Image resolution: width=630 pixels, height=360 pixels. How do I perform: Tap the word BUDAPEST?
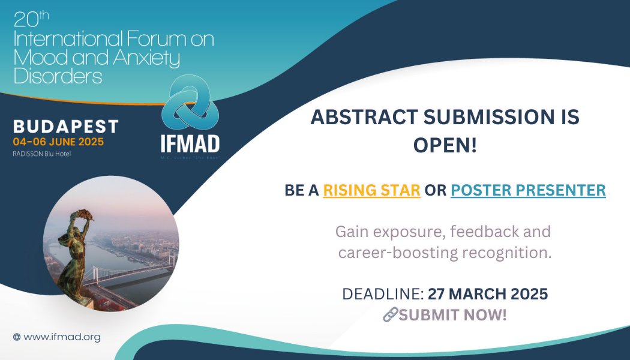66,127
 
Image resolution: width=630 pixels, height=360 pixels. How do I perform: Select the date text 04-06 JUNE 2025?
58,142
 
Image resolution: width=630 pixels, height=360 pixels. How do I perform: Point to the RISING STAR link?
371,190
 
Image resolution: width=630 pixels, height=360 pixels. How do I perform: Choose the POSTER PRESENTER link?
528,190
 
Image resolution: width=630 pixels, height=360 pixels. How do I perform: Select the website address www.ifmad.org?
62,337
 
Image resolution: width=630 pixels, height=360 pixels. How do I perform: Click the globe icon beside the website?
17,337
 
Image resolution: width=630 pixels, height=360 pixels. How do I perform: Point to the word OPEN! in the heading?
445,145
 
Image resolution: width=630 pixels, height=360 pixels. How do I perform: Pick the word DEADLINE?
382,295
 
